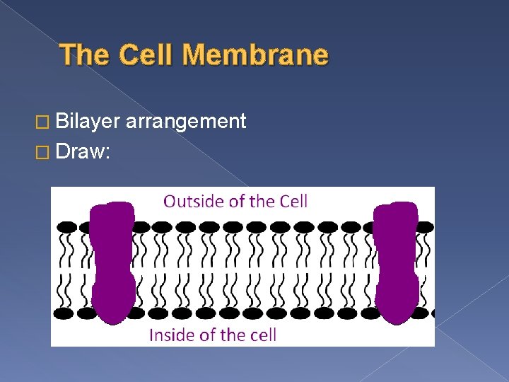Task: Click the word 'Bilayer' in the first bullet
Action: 88,122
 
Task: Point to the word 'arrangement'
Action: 187,122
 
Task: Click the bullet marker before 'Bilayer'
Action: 47,122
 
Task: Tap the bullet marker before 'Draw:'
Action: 47,151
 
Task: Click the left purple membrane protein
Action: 113,262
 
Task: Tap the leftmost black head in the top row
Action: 66,227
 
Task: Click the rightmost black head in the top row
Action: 424,227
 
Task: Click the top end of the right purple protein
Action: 397,207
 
